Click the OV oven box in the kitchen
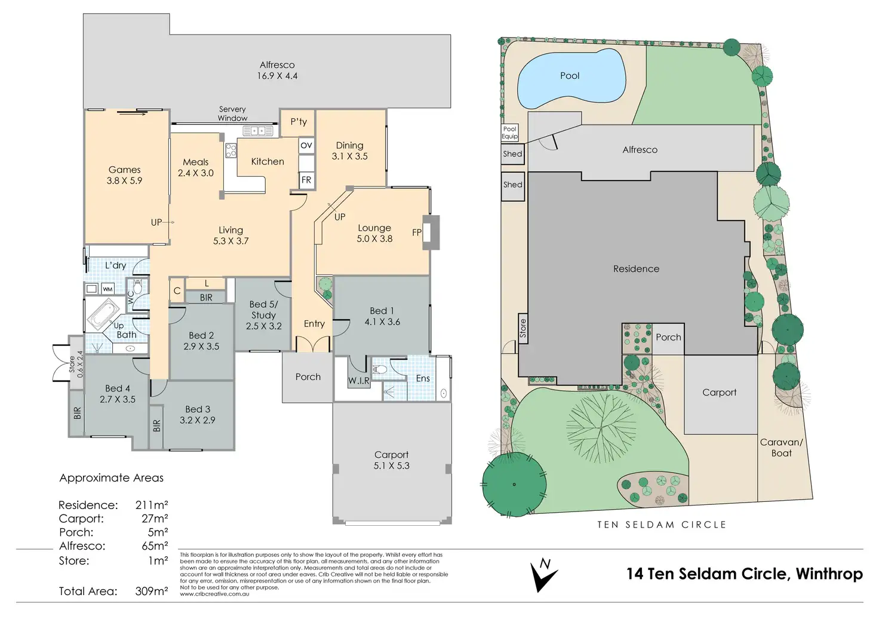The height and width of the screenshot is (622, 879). click(306, 145)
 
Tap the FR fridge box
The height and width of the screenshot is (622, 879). click(306, 180)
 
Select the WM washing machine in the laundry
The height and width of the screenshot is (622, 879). click(107, 289)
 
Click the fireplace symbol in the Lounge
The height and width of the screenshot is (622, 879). click(431, 232)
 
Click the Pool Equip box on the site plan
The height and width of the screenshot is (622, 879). click(509, 133)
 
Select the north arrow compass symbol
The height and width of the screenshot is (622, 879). click(543, 575)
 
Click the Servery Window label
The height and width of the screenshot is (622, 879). click(232, 114)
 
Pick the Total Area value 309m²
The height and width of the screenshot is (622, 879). click(152, 591)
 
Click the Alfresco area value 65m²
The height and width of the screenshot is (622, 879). click(155, 546)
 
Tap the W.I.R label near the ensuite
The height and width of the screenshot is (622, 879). click(359, 380)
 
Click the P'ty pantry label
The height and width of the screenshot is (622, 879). click(299, 122)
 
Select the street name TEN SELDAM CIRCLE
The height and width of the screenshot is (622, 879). click(662, 525)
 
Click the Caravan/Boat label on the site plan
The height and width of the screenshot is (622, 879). click(781, 448)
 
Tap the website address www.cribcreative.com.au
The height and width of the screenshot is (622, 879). click(214, 594)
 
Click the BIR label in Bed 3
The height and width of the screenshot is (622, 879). click(156, 425)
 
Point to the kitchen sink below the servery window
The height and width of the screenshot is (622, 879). click(257, 131)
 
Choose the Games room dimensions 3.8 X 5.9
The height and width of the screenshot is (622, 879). click(125, 180)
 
